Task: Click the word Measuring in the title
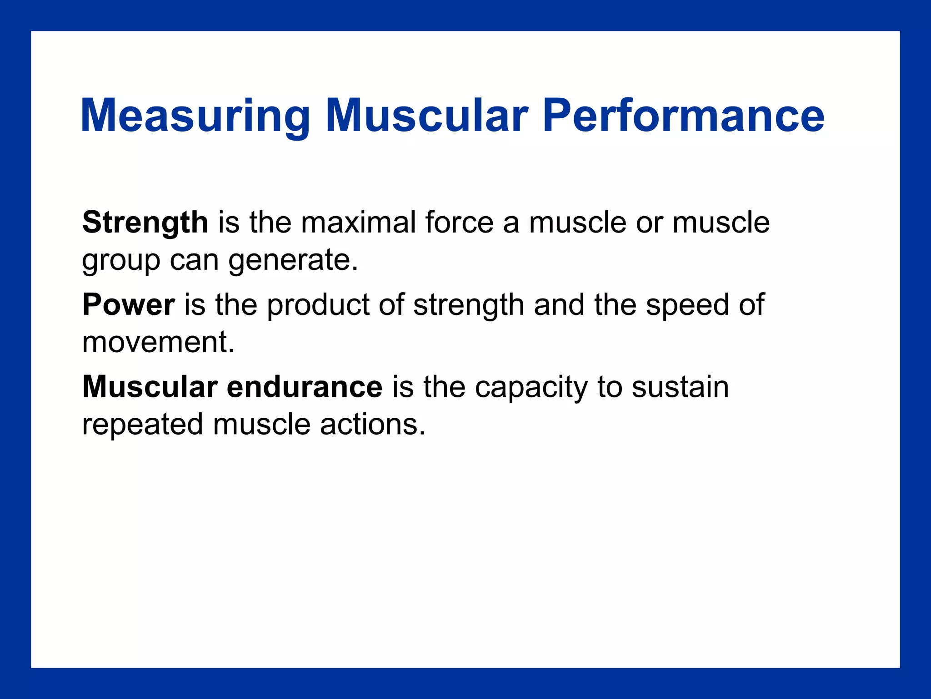click(x=195, y=116)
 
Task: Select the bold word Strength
click(x=145, y=223)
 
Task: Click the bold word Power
click(x=128, y=304)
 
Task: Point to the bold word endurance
click(x=305, y=387)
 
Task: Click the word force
click(x=459, y=223)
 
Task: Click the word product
click(x=318, y=305)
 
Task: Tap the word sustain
click(x=680, y=387)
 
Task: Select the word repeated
click(x=142, y=425)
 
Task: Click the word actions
click(x=372, y=424)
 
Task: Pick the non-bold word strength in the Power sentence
click(x=468, y=305)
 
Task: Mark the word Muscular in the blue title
click(x=426, y=116)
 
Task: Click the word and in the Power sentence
click(x=559, y=304)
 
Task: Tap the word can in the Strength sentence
click(x=194, y=260)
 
